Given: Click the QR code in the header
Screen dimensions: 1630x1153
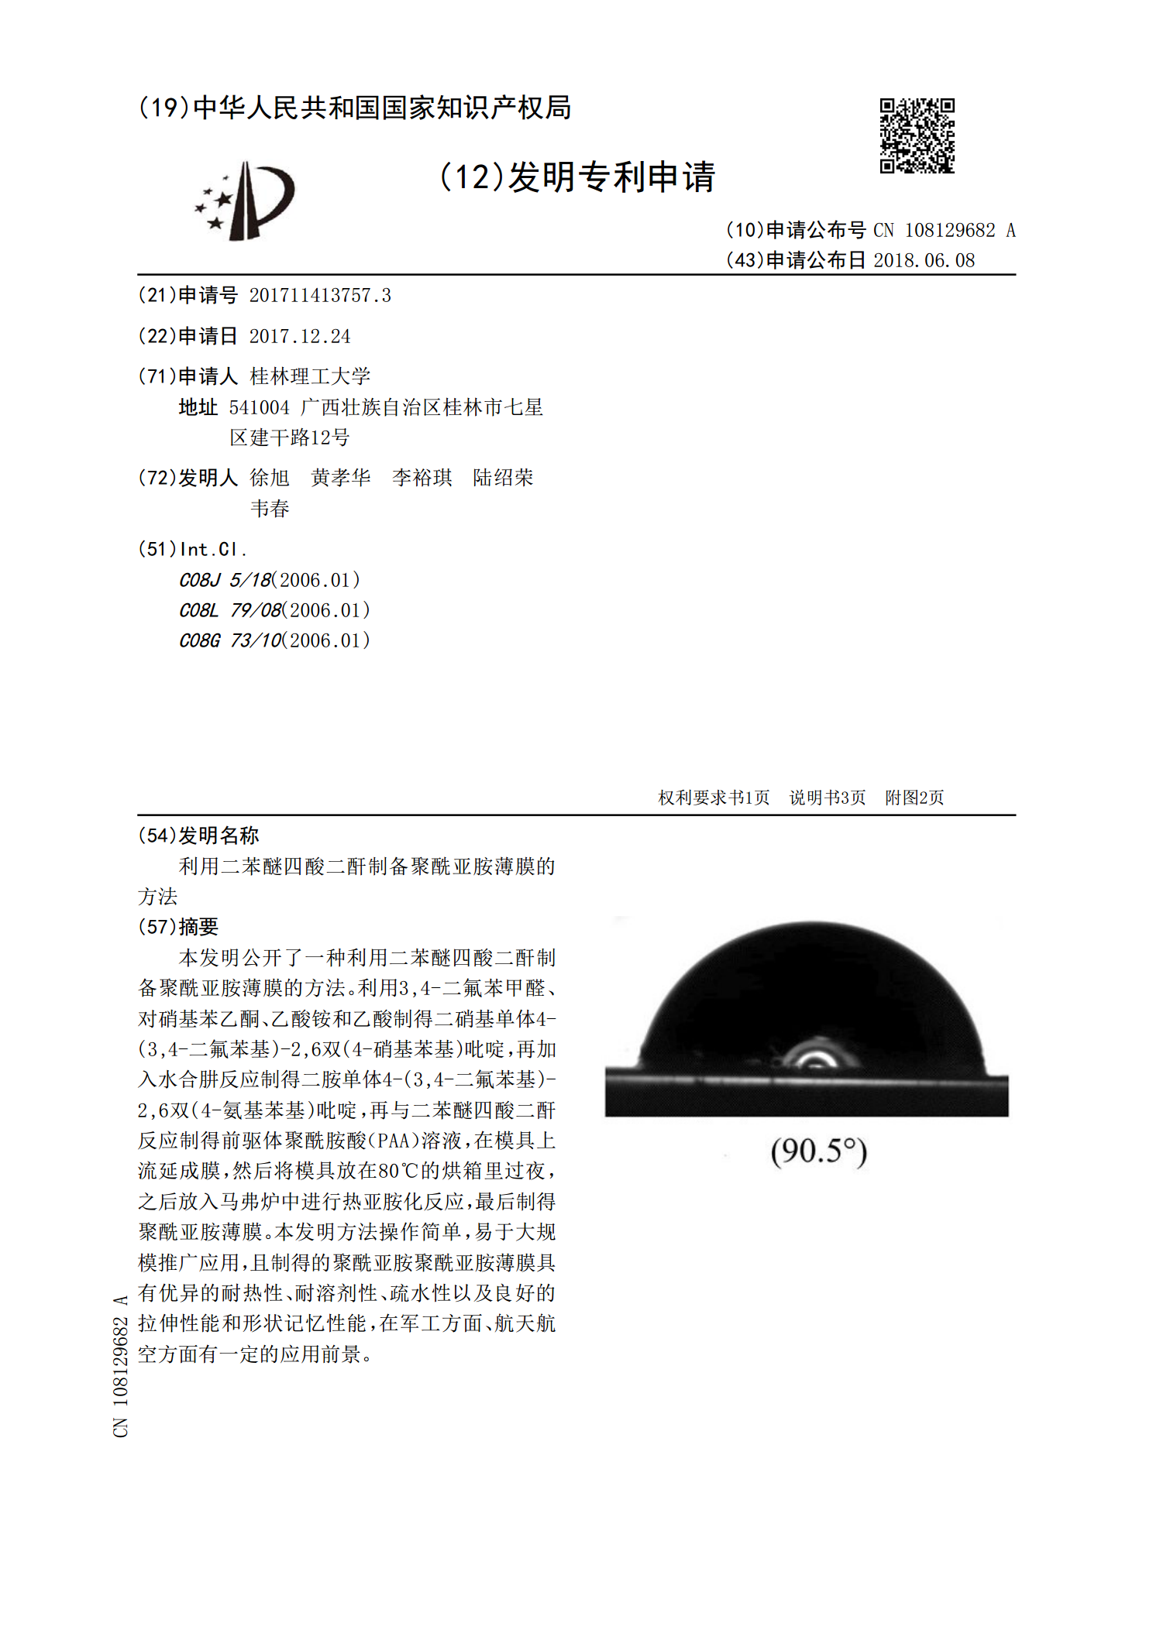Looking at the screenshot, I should click(917, 136).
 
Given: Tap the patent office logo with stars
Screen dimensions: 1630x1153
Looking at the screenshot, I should click(246, 201).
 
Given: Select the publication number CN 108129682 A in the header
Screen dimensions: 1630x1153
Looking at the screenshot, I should click(944, 230).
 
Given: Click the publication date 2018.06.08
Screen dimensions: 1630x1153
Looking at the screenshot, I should click(924, 260).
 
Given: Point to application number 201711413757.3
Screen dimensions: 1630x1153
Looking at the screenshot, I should click(319, 295).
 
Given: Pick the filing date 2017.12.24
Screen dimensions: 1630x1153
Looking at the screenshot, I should click(299, 336).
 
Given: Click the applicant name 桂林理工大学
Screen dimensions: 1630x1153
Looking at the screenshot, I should click(310, 376).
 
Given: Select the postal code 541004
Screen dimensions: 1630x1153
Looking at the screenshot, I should click(259, 407).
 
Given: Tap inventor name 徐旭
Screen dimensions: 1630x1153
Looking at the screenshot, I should click(270, 478).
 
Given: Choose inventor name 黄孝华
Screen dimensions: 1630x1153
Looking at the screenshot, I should click(341, 478).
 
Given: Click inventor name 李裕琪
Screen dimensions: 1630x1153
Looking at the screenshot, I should click(422, 478).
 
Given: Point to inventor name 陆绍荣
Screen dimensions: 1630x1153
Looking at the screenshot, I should click(503, 478).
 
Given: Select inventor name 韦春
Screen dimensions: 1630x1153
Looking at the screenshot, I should click(270, 509).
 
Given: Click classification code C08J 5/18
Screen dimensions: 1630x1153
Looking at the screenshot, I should click(226, 580).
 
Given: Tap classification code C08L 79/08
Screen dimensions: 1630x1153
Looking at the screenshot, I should click(230, 610).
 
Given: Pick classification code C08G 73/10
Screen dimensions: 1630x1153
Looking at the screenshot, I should click(231, 640).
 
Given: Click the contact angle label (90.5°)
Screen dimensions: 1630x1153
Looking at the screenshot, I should click(818, 1151).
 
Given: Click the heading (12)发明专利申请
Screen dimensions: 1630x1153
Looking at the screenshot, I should click(577, 177).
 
